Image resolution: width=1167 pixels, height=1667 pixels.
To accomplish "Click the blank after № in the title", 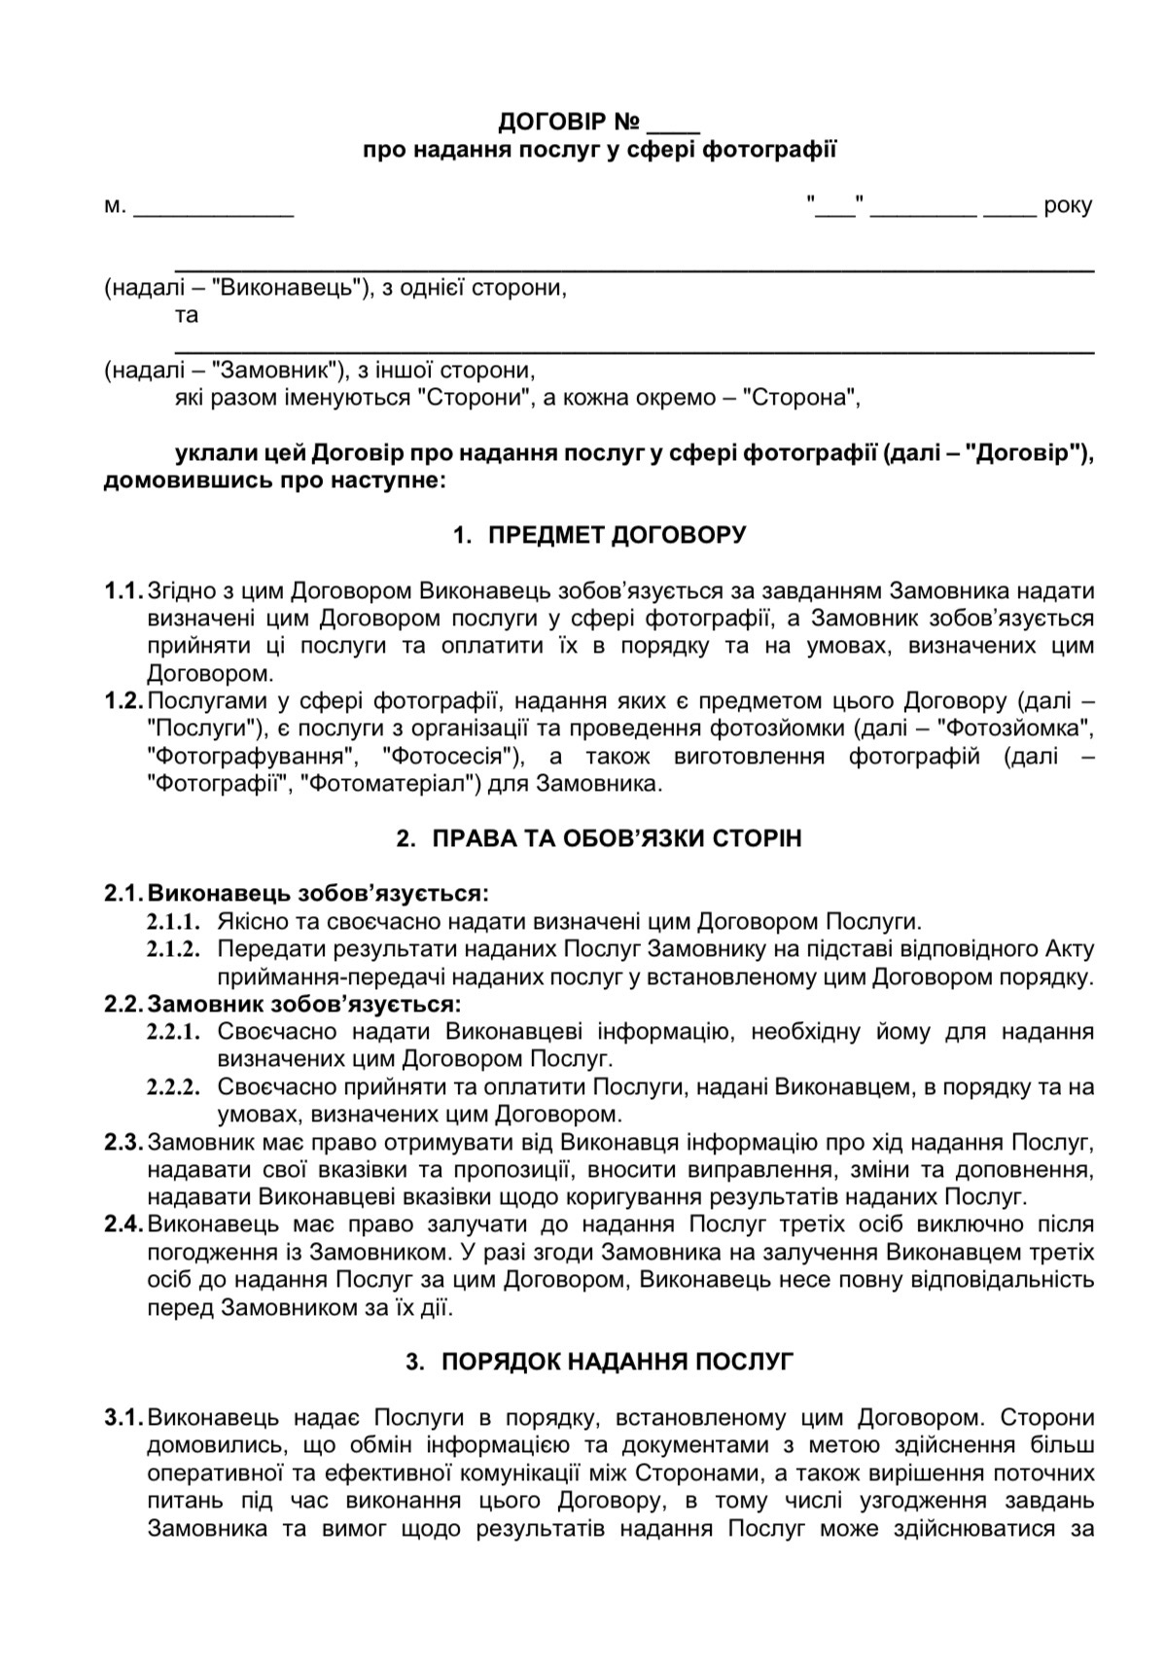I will pos(672,124).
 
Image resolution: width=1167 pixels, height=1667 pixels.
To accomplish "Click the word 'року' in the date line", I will pos(1067,206).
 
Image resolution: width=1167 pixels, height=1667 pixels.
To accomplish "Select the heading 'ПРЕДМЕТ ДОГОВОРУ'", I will pos(617,536).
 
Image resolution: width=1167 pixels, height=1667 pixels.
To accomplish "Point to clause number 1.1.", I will pos(124,591).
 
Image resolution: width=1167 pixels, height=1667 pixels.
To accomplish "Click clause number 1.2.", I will pos(124,701).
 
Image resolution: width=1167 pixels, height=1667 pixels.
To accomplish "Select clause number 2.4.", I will pos(124,1224).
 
